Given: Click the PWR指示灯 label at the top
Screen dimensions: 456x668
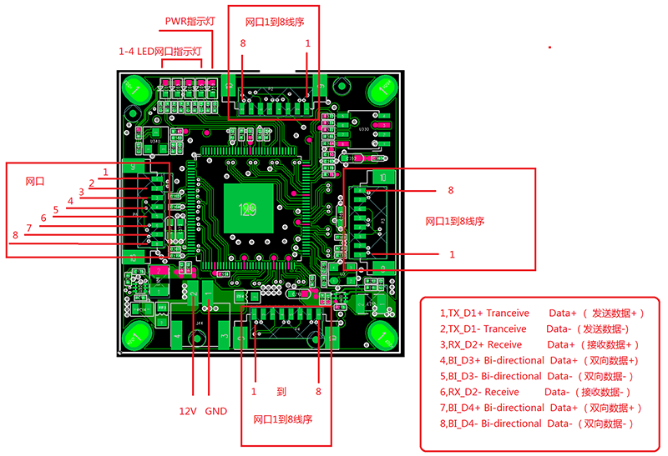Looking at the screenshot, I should pyautogui.click(x=190, y=20).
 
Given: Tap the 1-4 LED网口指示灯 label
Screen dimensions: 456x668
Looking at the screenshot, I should pyautogui.click(x=160, y=52).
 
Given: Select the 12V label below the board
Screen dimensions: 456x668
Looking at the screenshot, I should pyautogui.click(x=189, y=411).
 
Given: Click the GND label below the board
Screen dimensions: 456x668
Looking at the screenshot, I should pyautogui.click(x=215, y=411).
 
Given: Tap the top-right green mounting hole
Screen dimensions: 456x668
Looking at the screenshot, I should pyautogui.click(x=384, y=88).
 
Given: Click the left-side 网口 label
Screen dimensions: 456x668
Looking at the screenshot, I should pyautogui.click(x=34, y=181).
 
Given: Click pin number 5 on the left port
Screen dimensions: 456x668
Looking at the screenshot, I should pyautogui.click(x=56, y=209).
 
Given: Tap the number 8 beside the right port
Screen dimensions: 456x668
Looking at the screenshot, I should pyautogui.click(x=451, y=190).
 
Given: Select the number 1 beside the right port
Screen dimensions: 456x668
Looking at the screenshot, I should pyautogui.click(x=452, y=254).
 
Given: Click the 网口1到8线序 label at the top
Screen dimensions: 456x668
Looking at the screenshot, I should pyautogui.click(x=275, y=22).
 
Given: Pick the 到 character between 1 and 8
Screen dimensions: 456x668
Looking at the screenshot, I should pyautogui.click(x=281, y=391).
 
